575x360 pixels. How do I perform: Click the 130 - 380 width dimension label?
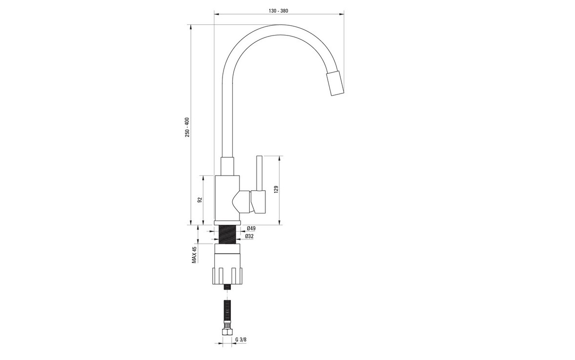point(278,11)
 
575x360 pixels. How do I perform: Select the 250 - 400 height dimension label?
point(187,127)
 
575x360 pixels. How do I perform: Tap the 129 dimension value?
point(276,189)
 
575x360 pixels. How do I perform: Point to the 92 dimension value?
point(200,200)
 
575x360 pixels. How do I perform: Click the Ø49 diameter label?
point(251,228)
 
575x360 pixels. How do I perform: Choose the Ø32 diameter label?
point(249,236)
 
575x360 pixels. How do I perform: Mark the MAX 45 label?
point(194,254)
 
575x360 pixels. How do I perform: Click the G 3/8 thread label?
point(241,340)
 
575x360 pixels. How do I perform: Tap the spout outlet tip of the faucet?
point(335,83)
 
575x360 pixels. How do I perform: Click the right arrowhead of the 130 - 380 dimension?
point(342,15)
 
